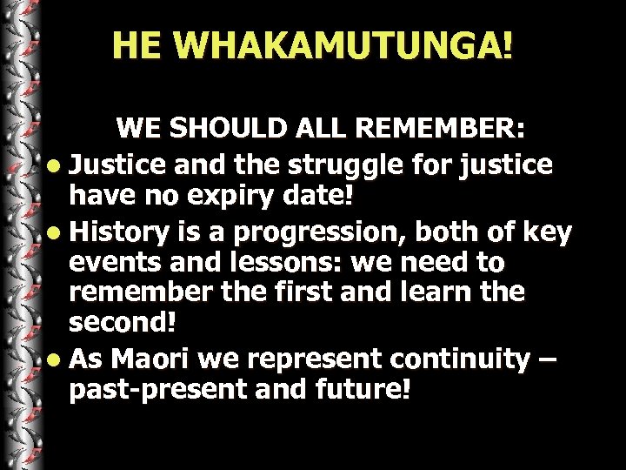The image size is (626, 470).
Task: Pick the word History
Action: [x=115, y=232]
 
